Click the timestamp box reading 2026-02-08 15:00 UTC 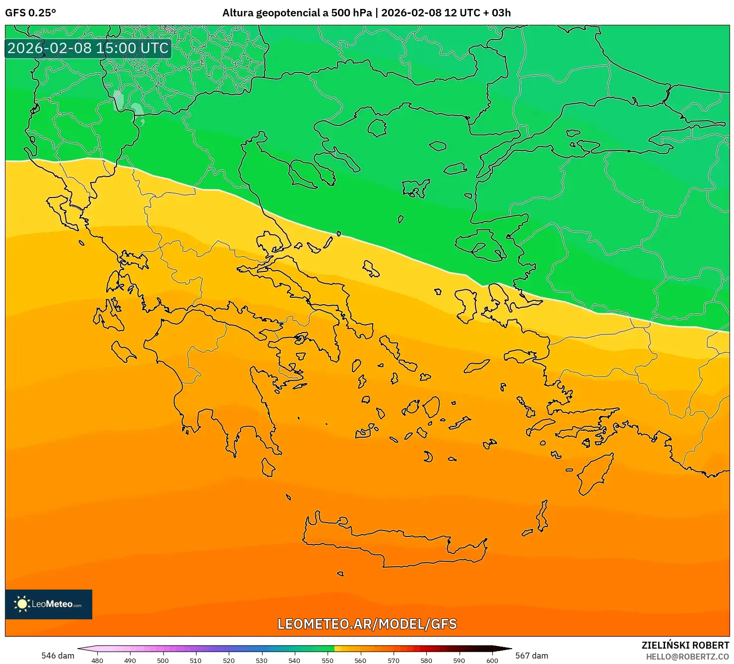[88, 48]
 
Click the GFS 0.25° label [30, 13]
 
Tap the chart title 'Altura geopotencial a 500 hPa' [297, 13]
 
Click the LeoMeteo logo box [49, 604]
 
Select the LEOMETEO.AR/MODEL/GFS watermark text [367, 624]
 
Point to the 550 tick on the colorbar [328, 660]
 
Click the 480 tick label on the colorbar [97, 660]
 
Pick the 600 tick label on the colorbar [492, 660]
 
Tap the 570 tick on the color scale [394, 660]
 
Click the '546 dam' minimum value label [58, 656]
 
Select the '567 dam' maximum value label [532, 656]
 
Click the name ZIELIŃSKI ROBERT [685, 646]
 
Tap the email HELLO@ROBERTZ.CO [687, 657]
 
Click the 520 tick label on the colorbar [229, 660]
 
